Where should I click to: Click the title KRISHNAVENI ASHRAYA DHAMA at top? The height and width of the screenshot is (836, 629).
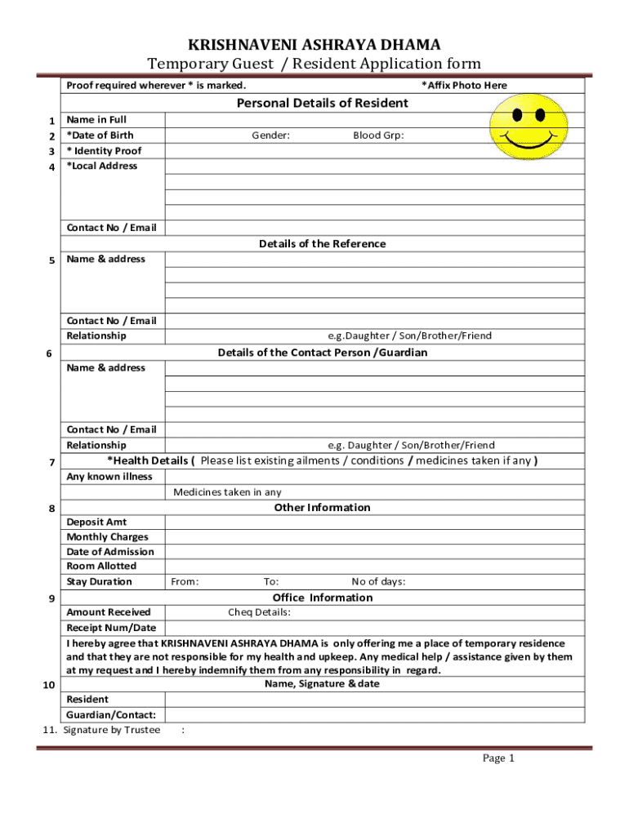(314, 44)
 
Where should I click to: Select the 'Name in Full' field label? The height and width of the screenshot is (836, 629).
(96, 120)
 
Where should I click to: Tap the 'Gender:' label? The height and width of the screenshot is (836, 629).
(270, 136)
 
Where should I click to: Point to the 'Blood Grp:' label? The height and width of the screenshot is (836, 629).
(378, 136)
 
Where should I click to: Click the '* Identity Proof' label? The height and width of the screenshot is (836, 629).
(104, 151)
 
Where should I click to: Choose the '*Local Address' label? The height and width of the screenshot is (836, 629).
(102, 166)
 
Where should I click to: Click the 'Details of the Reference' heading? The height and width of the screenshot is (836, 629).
(322, 244)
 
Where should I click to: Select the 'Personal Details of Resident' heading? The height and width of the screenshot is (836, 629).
(322, 103)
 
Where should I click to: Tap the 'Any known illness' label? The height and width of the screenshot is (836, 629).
(109, 477)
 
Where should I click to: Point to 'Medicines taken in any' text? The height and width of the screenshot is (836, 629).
(227, 492)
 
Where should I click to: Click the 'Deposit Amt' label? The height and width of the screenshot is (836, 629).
(96, 522)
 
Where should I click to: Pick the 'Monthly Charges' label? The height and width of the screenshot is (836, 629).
(107, 537)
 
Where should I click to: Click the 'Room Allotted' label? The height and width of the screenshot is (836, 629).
(101, 566)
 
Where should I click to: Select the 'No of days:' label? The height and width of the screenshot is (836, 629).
(378, 582)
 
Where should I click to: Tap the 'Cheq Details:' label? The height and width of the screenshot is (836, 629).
(259, 612)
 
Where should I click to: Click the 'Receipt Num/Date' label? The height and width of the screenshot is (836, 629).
(110, 628)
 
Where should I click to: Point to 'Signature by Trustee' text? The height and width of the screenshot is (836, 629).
(111, 730)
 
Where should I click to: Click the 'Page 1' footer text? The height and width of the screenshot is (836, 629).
(497, 758)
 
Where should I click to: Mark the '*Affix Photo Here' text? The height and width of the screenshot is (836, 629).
(463, 86)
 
